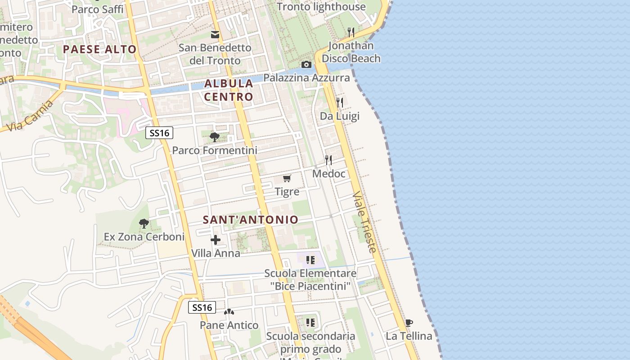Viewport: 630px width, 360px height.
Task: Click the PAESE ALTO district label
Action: point(99,49)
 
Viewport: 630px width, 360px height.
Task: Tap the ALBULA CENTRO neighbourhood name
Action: point(229,90)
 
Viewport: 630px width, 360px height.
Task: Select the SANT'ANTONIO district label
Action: point(250,220)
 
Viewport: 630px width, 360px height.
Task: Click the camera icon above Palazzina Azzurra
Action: point(306,65)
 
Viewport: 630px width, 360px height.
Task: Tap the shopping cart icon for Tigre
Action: point(287,179)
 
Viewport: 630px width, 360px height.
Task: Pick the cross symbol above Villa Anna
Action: point(216,240)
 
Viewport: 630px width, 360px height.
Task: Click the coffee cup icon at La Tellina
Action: point(409,323)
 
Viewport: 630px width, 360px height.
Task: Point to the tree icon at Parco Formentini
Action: point(215,137)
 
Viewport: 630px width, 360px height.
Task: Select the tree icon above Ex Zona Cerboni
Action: point(144,223)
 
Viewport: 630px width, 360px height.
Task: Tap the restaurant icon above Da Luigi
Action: point(340,103)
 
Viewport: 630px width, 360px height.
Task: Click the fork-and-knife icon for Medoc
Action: point(328,160)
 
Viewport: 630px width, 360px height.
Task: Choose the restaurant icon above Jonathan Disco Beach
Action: point(351,32)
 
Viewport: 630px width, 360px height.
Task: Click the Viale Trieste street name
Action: point(364,222)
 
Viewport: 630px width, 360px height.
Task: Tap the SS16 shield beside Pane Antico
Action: point(202,308)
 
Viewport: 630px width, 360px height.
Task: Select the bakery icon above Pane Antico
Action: point(229,311)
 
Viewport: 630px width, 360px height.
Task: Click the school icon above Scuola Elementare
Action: point(310,260)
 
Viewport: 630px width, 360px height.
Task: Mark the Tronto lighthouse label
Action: point(321,7)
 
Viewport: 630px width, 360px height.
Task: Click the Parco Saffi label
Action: point(97,9)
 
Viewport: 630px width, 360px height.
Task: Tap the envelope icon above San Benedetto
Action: point(215,34)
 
